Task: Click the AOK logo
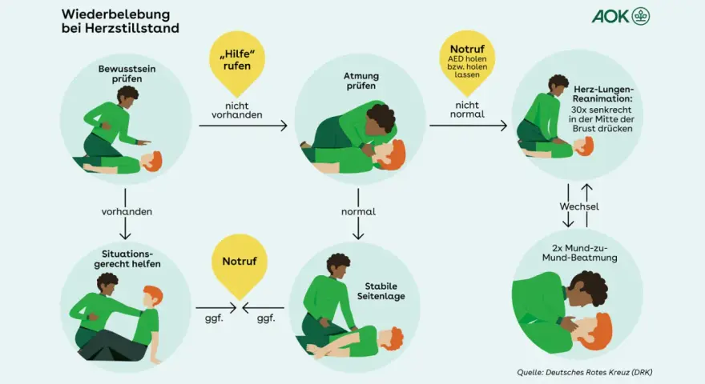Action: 620,16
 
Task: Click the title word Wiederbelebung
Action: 115,14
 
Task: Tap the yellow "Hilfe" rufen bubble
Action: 237,60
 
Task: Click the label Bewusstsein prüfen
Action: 127,74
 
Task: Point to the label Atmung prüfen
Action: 361,81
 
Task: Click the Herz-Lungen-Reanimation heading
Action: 603,94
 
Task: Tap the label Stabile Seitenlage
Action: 381,291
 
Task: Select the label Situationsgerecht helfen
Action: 127,259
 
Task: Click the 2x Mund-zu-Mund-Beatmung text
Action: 579,253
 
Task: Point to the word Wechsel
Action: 579,206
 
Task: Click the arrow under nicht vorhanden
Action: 243,126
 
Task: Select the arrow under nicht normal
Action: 468,126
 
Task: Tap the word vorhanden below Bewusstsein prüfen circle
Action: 127,211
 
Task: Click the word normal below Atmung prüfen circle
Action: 358,211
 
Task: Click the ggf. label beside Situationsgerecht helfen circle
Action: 214,318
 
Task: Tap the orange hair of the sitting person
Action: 153,294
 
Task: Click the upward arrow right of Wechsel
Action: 586,206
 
